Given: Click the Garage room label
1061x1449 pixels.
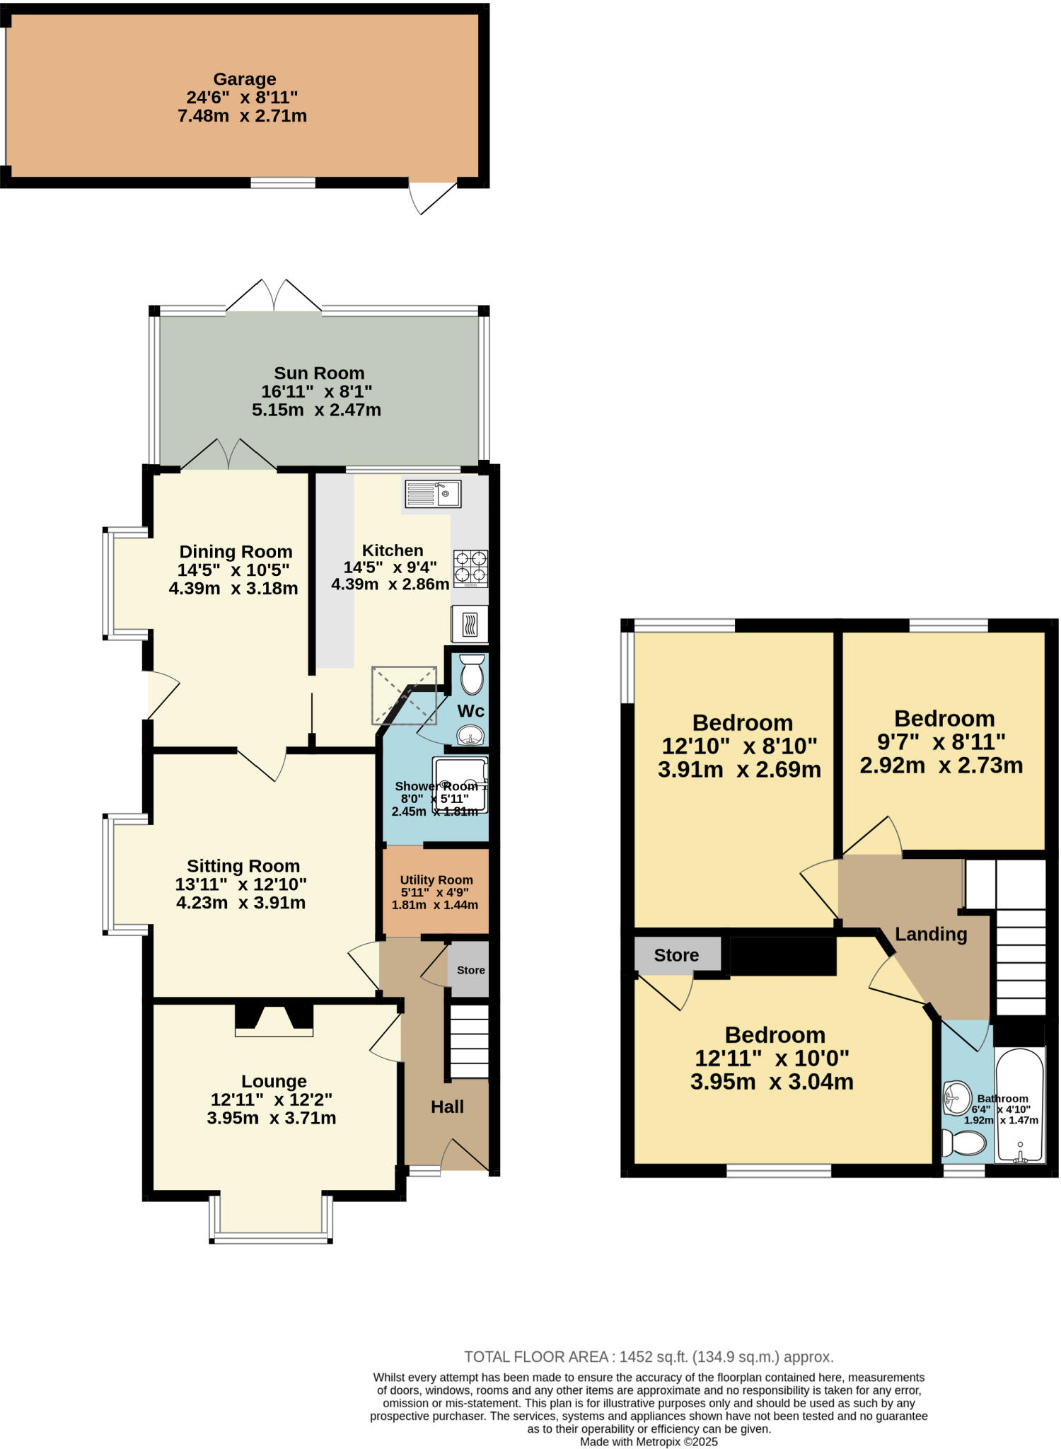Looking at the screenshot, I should tap(244, 79).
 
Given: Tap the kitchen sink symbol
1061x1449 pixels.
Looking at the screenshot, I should tap(433, 493).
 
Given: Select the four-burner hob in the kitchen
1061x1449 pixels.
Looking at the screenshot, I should tap(470, 568).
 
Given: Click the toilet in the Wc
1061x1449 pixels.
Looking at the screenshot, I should tap(472, 674).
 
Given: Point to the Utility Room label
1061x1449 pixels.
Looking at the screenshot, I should tap(436, 880).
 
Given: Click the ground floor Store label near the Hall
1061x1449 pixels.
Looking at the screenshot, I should tap(470, 970).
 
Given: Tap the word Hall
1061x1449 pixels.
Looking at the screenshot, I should tap(447, 1107).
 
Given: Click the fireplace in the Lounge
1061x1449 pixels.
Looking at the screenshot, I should tap(274, 1020).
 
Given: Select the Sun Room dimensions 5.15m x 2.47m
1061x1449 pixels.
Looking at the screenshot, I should tap(316, 410).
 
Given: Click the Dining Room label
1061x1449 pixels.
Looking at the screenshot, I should tap(236, 552).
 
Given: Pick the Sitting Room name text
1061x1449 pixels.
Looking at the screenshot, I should tap(243, 866).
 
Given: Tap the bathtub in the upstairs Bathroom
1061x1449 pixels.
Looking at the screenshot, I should tap(1019, 1104).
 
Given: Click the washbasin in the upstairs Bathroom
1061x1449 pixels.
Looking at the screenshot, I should tap(956, 1098).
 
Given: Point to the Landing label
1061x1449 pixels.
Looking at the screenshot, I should tap(931, 934).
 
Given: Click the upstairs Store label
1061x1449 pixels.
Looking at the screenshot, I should tap(676, 955).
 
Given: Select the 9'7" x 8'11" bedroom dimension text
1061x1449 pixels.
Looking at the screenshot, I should tap(941, 741).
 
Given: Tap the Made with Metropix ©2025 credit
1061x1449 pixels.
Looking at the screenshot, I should tap(649, 1441).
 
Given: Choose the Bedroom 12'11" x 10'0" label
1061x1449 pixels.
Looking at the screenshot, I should tap(775, 1035).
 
